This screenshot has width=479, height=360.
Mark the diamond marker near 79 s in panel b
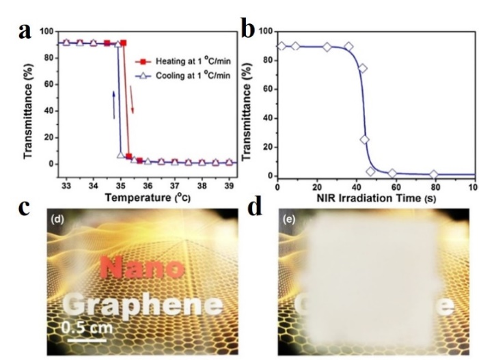coord(433,175)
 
